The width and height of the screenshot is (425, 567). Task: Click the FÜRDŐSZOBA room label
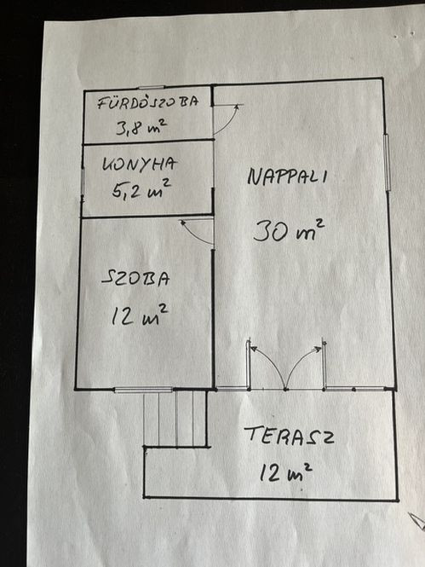(x=148, y=101)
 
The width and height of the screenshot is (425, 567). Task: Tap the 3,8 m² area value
(x=141, y=127)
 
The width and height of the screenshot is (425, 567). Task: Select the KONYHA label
(x=140, y=164)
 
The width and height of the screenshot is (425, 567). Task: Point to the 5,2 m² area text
(x=141, y=188)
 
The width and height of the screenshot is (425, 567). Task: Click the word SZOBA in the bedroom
(x=135, y=279)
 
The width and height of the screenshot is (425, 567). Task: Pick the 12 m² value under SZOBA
(x=140, y=315)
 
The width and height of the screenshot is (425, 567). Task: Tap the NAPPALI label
(x=287, y=176)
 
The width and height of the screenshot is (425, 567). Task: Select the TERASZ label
(x=289, y=436)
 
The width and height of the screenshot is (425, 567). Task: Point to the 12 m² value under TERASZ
(x=286, y=472)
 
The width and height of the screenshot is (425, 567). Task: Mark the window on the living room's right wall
(x=387, y=162)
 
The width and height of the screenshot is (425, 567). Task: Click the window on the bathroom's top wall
(x=152, y=87)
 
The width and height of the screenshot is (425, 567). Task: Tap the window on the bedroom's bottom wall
(x=143, y=390)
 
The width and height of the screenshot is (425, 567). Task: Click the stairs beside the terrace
(x=175, y=419)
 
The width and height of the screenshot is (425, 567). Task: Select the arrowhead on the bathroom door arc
(x=237, y=107)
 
